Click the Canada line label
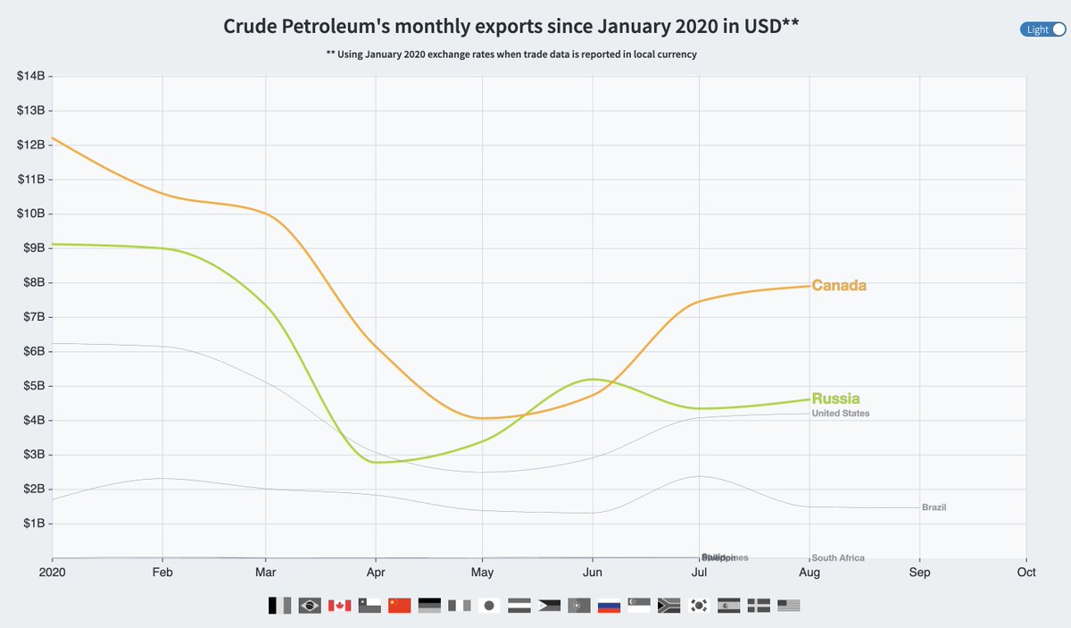pyautogui.click(x=839, y=286)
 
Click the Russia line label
pyautogui.click(x=836, y=398)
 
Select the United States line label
pyautogui.click(x=841, y=414)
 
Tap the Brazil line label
pyautogui.click(x=934, y=507)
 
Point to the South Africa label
pyautogui.click(x=838, y=558)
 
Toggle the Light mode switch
pyautogui.click(x=1043, y=29)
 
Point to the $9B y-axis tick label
pyautogui.click(x=33, y=248)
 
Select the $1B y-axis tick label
pyautogui.click(x=33, y=523)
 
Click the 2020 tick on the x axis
pyautogui.click(x=54, y=572)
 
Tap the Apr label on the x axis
pyautogui.click(x=376, y=572)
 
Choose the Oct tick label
pyautogui.click(x=1026, y=572)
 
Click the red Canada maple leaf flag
pyautogui.click(x=339, y=606)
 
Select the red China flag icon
pyautogui.click(x=399, y=606)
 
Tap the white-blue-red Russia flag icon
pyautogui.click(x=609, y=606)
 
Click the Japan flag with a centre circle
pyautogui.click(x=489, y=606)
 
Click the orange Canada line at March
pyautogui.click(x=266, y=214)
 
